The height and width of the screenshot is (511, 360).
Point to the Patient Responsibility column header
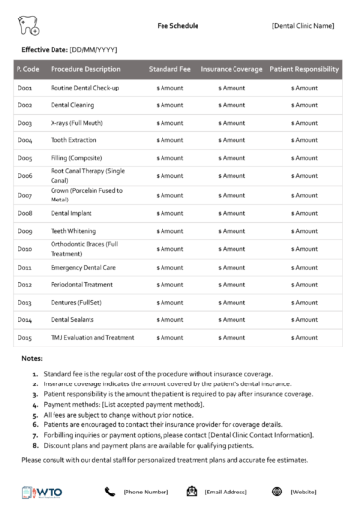click(304, 70)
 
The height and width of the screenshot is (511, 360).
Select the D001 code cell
click(25, 89)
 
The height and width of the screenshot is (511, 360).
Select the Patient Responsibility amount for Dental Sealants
click(304, 319)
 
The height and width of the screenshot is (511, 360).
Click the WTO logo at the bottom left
click(38, 492)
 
